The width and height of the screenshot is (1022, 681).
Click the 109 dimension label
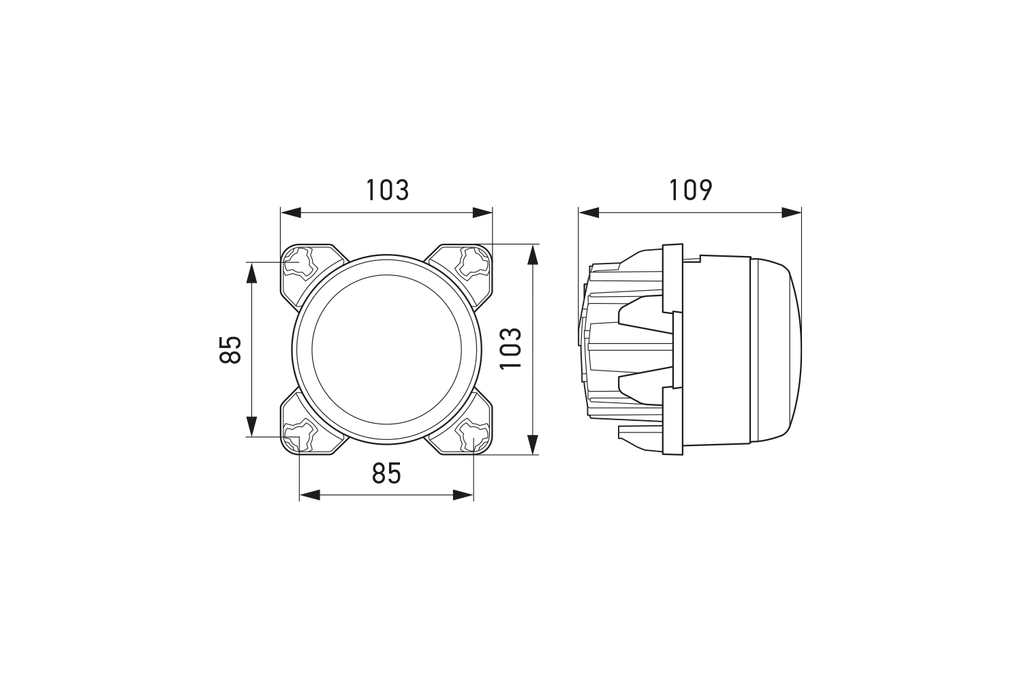pyautogui.click(x=690, y=190)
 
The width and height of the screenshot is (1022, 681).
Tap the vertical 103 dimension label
pyautogui.click(x=510, y=349)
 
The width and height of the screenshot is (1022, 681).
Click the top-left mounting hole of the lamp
pyautogui.click(x=299, y=263)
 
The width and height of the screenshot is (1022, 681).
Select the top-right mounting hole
pyautogui.click(x=474, y=263)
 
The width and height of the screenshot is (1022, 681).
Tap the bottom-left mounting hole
pyautogui.click(x=299, y=437)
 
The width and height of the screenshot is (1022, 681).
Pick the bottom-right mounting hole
pyautogui.click(x=474, y=437)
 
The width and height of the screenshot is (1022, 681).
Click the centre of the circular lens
pyautogui.click(x=386, y=349)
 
